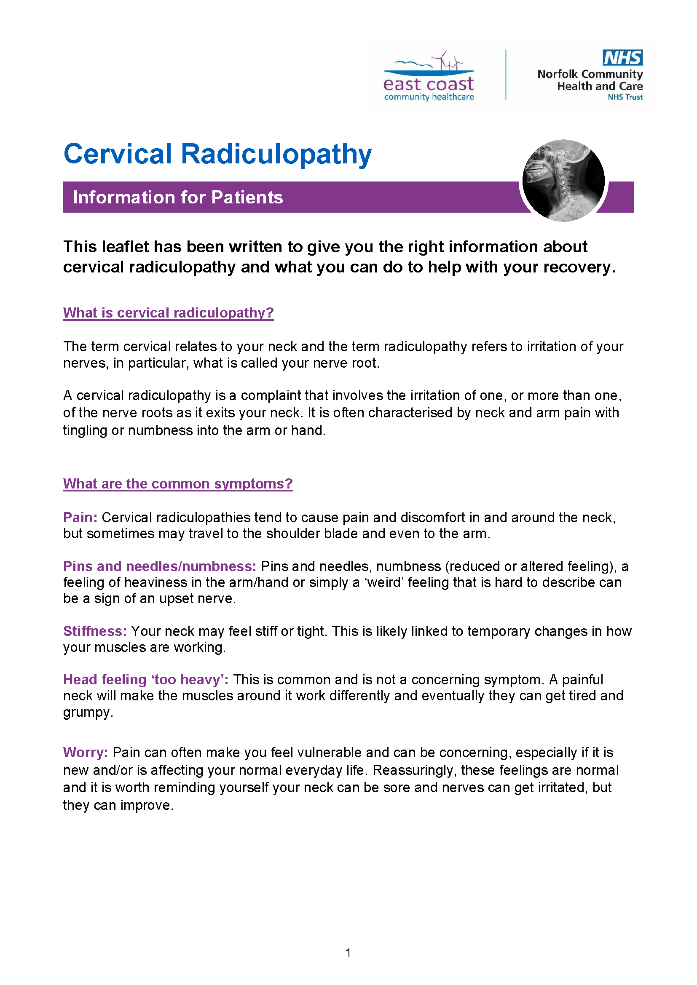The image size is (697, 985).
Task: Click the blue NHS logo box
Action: (622, 58)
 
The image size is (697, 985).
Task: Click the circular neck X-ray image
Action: (563, 180)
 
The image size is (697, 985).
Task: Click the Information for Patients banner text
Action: (178, 198)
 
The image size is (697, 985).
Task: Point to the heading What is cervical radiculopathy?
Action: (168, 313)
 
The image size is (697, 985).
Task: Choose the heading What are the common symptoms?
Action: (178, 483)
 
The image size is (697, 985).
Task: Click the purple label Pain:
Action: (80, 518)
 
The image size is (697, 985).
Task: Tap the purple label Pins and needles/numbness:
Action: (160, 566)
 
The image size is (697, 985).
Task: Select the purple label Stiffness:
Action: (95, 631)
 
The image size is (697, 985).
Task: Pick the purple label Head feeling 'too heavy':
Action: (145, 680)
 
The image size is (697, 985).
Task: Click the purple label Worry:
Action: (86, 753)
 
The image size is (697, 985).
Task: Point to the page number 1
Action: (348, 953)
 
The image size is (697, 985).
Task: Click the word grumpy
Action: (88, 713)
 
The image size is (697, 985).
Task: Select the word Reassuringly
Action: (413, 770)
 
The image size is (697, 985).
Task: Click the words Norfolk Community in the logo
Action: (590, 74)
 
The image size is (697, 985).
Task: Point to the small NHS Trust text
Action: (625, 97)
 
